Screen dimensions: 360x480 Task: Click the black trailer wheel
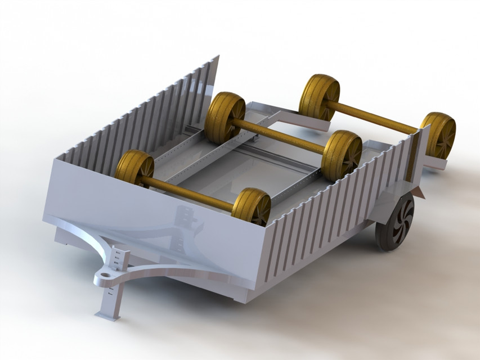pos(395,222)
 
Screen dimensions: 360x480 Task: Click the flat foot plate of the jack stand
pos(107,316)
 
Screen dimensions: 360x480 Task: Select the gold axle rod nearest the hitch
pos(191,191)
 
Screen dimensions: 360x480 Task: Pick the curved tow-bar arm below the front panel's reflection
pos(169,270)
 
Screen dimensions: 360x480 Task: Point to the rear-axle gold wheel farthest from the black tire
pos(318,96)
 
